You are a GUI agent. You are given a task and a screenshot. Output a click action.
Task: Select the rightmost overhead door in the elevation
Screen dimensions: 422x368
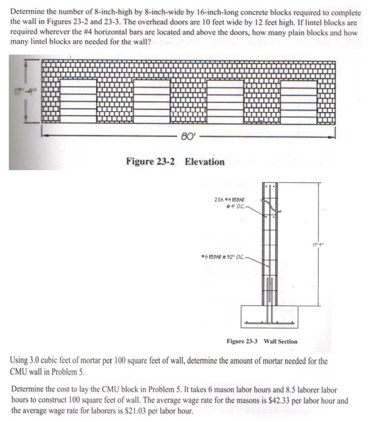(299, 101)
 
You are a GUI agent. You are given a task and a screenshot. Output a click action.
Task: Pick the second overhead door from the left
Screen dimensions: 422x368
(152, 101)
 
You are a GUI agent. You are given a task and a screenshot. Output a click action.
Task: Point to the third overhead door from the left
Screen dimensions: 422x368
(225, 101)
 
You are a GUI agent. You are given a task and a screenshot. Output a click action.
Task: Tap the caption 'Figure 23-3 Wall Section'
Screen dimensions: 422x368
(261, 342)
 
